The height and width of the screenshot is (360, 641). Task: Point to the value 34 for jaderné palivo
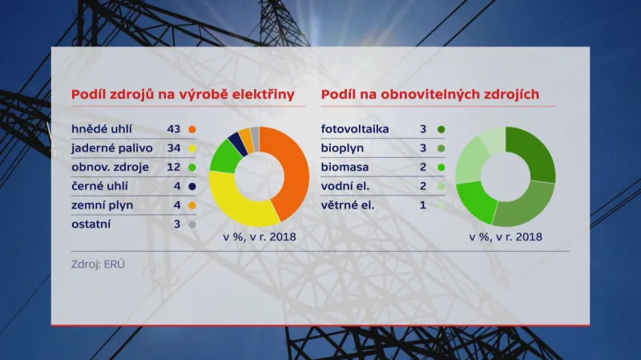(174, 148)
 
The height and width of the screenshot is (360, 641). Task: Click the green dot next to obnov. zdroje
(192, 168)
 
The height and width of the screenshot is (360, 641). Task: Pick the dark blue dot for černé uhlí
(192, 186)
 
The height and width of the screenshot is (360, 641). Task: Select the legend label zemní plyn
(103, 205)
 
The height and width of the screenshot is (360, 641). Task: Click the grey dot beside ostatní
(192, 224)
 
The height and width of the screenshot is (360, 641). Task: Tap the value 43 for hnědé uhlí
(174, 129)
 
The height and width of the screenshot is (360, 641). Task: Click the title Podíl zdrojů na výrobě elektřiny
(183, 95)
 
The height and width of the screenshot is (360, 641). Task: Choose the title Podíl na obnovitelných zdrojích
(430, 95)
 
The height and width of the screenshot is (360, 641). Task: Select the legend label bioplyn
(343, 148)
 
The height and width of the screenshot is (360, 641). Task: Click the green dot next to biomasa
(441, 168)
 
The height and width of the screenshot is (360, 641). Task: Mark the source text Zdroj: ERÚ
(99, 263)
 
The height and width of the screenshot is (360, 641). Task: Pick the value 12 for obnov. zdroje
(174, 168)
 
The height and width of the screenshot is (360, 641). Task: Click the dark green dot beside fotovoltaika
(441, 129)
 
